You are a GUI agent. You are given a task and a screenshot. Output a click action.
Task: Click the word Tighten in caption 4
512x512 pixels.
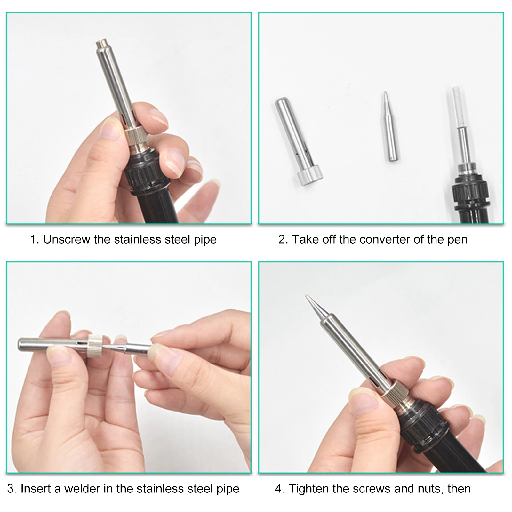(309, 489)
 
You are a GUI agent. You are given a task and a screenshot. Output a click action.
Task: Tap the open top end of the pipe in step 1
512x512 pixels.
(101, 42)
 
